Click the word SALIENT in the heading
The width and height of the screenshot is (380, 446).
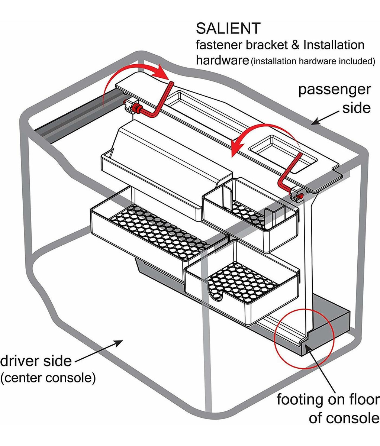pos(228,29)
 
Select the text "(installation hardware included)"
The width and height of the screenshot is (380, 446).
pos(313,61)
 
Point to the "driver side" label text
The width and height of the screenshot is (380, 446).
pos(36,361)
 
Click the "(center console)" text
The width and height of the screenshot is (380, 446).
pos(48,378)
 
